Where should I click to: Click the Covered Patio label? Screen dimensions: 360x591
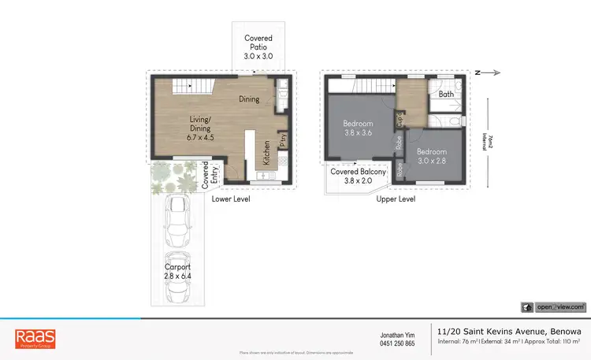pyautogui.click(x=258, y=47)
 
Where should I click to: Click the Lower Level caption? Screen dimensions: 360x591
pyautogui.click(x=232, y=199)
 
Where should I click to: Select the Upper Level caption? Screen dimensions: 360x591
pyautogui.click(x=396, y=199)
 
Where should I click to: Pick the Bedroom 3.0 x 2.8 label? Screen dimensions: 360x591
pyautogui.click(x=432, y=156)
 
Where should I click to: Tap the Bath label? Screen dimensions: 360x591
pyautogui.click(x=446, y=95)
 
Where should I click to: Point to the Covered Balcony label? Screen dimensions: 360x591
pyautogui.click(x=359, y=176)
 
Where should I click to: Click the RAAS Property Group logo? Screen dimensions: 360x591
pyautogui.click(x=35, y=340)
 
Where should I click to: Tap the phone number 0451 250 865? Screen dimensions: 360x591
pyautogui.click(x=398, y=343)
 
